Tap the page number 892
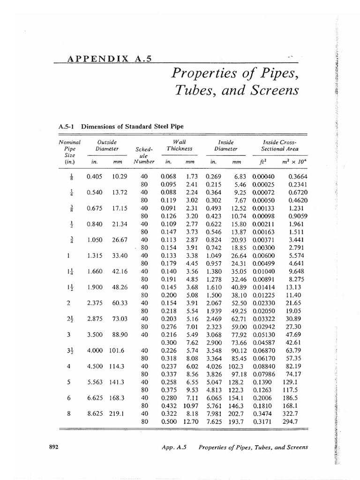point(53,447)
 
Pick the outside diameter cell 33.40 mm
point(118,255)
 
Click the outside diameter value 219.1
point(117,413)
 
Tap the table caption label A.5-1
point(67,126)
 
